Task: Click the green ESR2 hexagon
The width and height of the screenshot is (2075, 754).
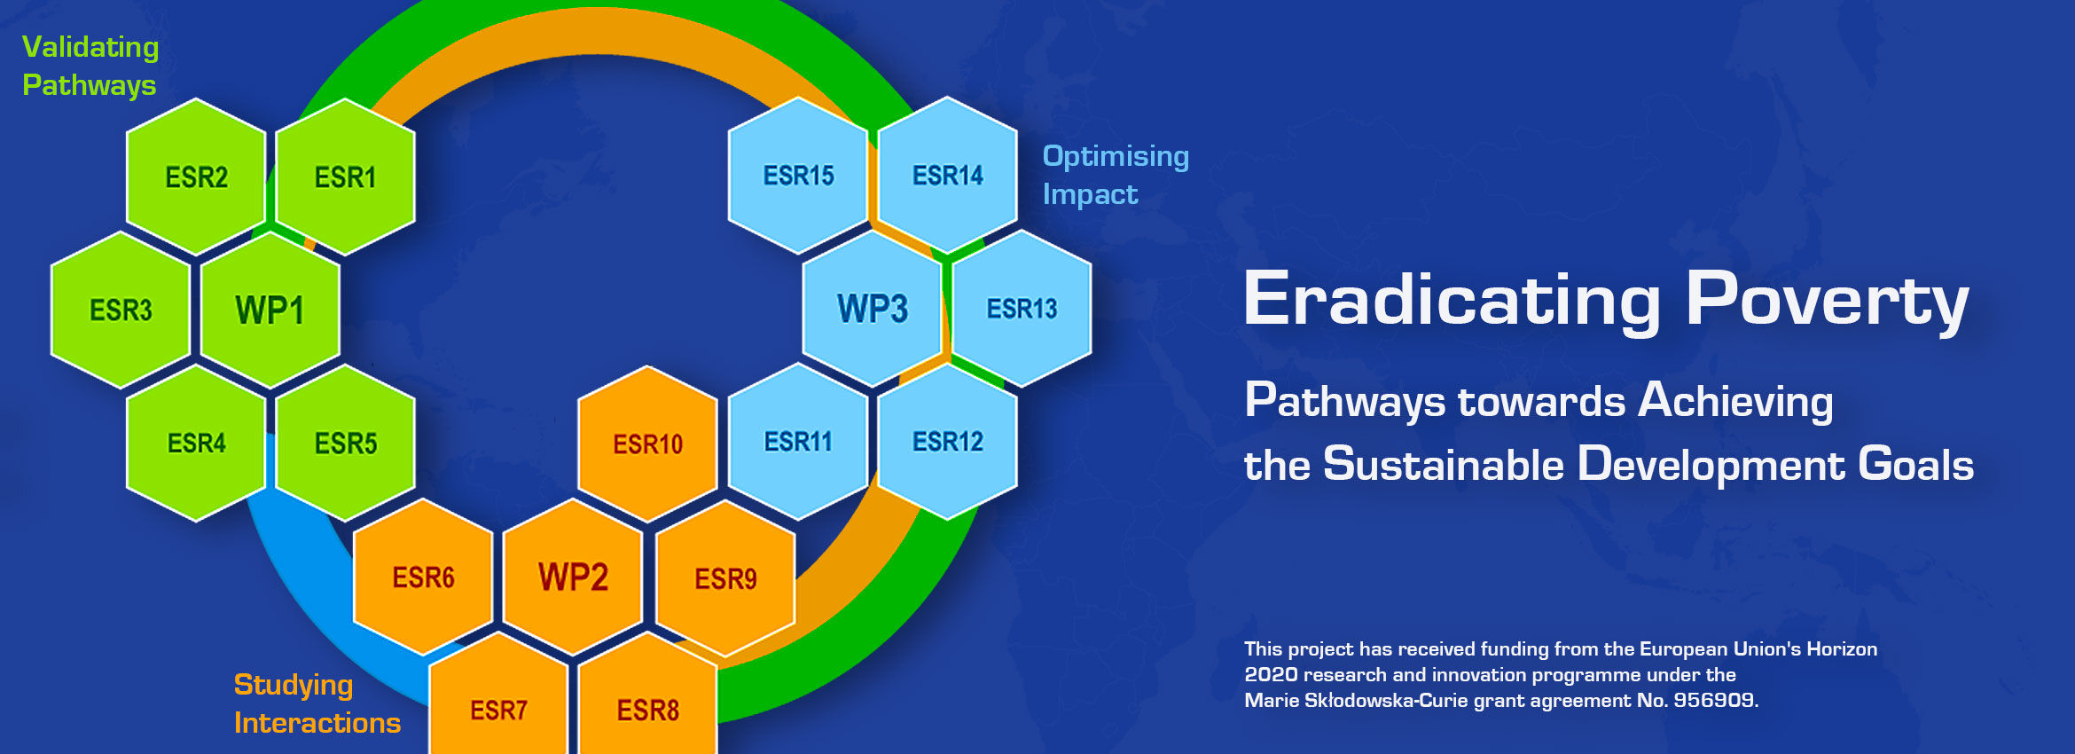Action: (x=196, y=177)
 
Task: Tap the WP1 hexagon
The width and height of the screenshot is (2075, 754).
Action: (x=270, y=310)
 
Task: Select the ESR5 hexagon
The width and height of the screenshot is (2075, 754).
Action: (x=346, y=443)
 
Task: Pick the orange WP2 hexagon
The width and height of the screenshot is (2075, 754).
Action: (x=573, y=577)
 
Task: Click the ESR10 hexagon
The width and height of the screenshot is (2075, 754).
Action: (x=648, y=444)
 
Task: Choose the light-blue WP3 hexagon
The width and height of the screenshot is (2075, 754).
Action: (x=873, y=309)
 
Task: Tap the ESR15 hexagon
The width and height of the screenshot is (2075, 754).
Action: (x=798, y=176)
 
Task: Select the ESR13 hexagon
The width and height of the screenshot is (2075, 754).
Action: (x=1022, y=309)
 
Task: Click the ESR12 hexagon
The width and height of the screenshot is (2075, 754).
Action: (x=947, y=442)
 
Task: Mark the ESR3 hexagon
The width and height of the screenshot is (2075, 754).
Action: (x=121, y=310)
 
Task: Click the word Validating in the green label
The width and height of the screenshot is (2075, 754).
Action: (x=90, y=47)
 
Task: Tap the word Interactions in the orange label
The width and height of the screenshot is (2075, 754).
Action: (x=317, y=723)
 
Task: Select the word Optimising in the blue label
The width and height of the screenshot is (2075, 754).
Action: (x=1116, y=156)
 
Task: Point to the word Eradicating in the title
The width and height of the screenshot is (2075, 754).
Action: (x=1452, y=300)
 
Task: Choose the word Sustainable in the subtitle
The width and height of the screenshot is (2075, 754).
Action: (x=1444, y=465)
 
